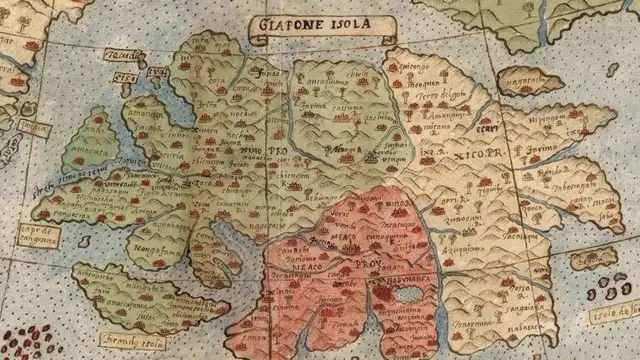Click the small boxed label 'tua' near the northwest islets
155,73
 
